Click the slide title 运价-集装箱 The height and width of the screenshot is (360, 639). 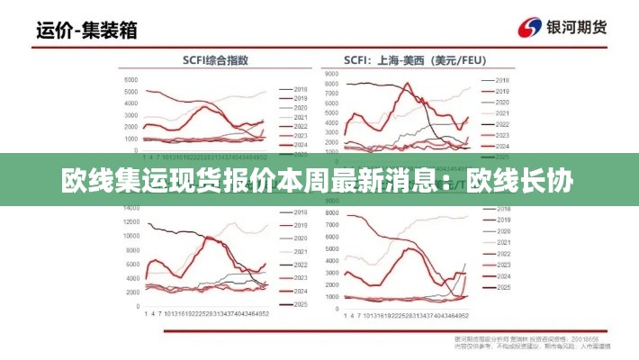coord(86,30)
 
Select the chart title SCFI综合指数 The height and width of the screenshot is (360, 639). coord(217,60)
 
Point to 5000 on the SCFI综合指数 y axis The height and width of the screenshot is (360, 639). coord(130,92)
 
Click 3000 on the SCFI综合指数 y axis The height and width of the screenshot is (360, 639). coord(130,115)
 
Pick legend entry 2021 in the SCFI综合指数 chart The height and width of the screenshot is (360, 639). coord(301,118)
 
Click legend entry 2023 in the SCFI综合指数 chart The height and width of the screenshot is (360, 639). coord(301,136)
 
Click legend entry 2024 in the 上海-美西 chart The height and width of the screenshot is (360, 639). coord(501,146)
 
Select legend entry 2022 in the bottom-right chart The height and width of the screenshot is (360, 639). coord(501,255)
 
